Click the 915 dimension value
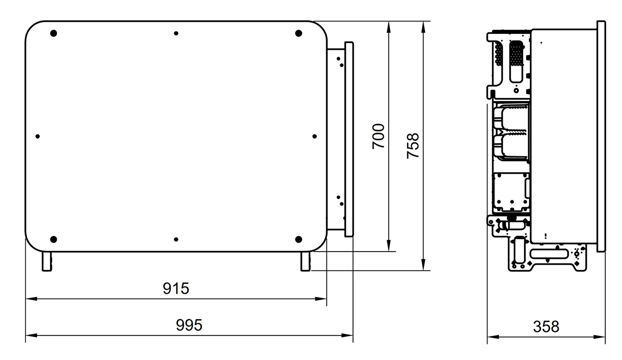pyautogui.click(x=176, y=288)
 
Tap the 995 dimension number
pyautogui.click(x=189, y=325)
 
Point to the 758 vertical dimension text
pyautogui.click(x=413, y=145)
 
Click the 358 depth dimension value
pyautogui.click(x=546, y=327)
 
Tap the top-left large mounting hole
pyautogui.click(x=54, y=33)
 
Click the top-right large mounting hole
pyautogui.click(x=299, y=33)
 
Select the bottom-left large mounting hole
pyautogui.click(x=54, y=239)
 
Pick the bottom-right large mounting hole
pyautogui.click(x=299, y=239)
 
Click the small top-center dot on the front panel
pyautogui.click(x=176, y=34)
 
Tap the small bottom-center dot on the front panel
pyautogui.click(x=176, y=239)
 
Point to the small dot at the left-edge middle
pyautogui.click(x=38, y=136)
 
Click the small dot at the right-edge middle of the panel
pyautogui.click(x=314, y=136)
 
